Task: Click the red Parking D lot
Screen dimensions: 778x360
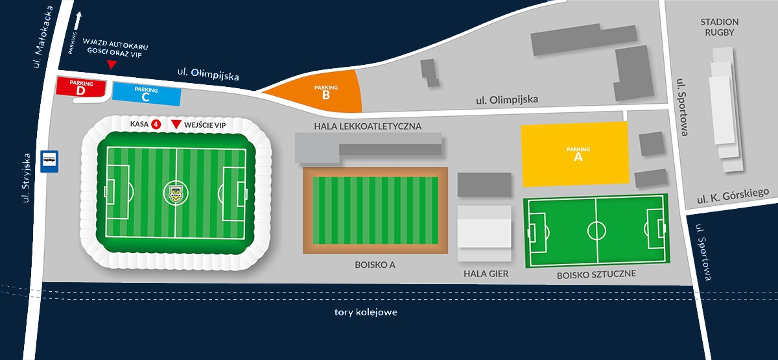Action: tap(81, 87)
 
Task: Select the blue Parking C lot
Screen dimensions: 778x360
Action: tap(147, 94)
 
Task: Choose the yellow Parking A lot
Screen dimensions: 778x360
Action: tap(576, 154)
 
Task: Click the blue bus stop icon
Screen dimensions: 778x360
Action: tap(49, 162)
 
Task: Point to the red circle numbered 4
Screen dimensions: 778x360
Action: tap(156, 124)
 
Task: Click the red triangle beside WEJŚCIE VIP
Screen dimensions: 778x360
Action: tap(176, 124)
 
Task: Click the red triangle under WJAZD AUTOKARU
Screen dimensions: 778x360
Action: tap(112, 65)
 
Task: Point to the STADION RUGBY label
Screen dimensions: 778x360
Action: tap(719, 27)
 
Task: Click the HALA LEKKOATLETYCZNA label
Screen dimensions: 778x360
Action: tap(368, 126)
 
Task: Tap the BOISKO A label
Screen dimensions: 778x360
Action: tap(375, 265)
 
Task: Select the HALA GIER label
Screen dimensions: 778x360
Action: tap(486, 274)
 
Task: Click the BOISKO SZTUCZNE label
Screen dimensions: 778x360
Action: tap(596, 274)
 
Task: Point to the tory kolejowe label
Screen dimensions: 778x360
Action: tap(366, 312)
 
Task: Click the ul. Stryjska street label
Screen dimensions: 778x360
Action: tap(26, 178)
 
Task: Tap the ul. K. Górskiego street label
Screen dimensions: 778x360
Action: tap(733, 196)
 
